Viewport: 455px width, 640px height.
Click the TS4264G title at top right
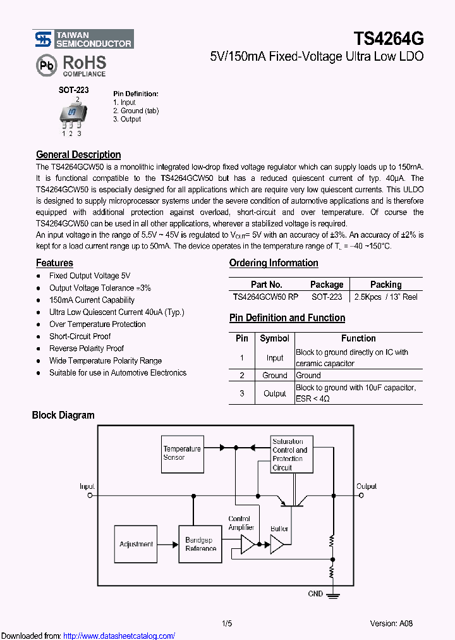click(x=389, y=39)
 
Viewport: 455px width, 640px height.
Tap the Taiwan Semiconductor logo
click(x=83, y=39)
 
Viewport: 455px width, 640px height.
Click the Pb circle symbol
click(x=45, y=66)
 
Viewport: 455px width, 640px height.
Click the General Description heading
click(x=78, y=154)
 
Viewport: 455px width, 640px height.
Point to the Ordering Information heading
click(x=274, y=263)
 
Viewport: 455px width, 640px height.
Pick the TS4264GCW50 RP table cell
click(x=265, y=297)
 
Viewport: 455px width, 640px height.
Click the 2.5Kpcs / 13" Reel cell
click(x=385, y=297)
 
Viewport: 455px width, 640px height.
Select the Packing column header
click(x=385, y=285)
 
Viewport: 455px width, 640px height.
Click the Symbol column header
click(x=274, y=338)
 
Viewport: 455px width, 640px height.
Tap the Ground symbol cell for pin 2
click(x=274, y=375)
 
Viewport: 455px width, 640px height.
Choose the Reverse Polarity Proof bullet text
click(x=87, y=348)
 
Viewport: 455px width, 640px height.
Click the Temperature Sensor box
click(x=182, y=453)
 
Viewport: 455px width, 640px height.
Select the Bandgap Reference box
click(x=200, y=545)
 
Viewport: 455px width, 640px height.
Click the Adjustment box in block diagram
click(x=136, y=544)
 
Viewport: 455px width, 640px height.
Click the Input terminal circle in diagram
click(x=89, y=496)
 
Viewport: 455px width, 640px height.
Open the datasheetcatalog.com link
click(x=119, y=636)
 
